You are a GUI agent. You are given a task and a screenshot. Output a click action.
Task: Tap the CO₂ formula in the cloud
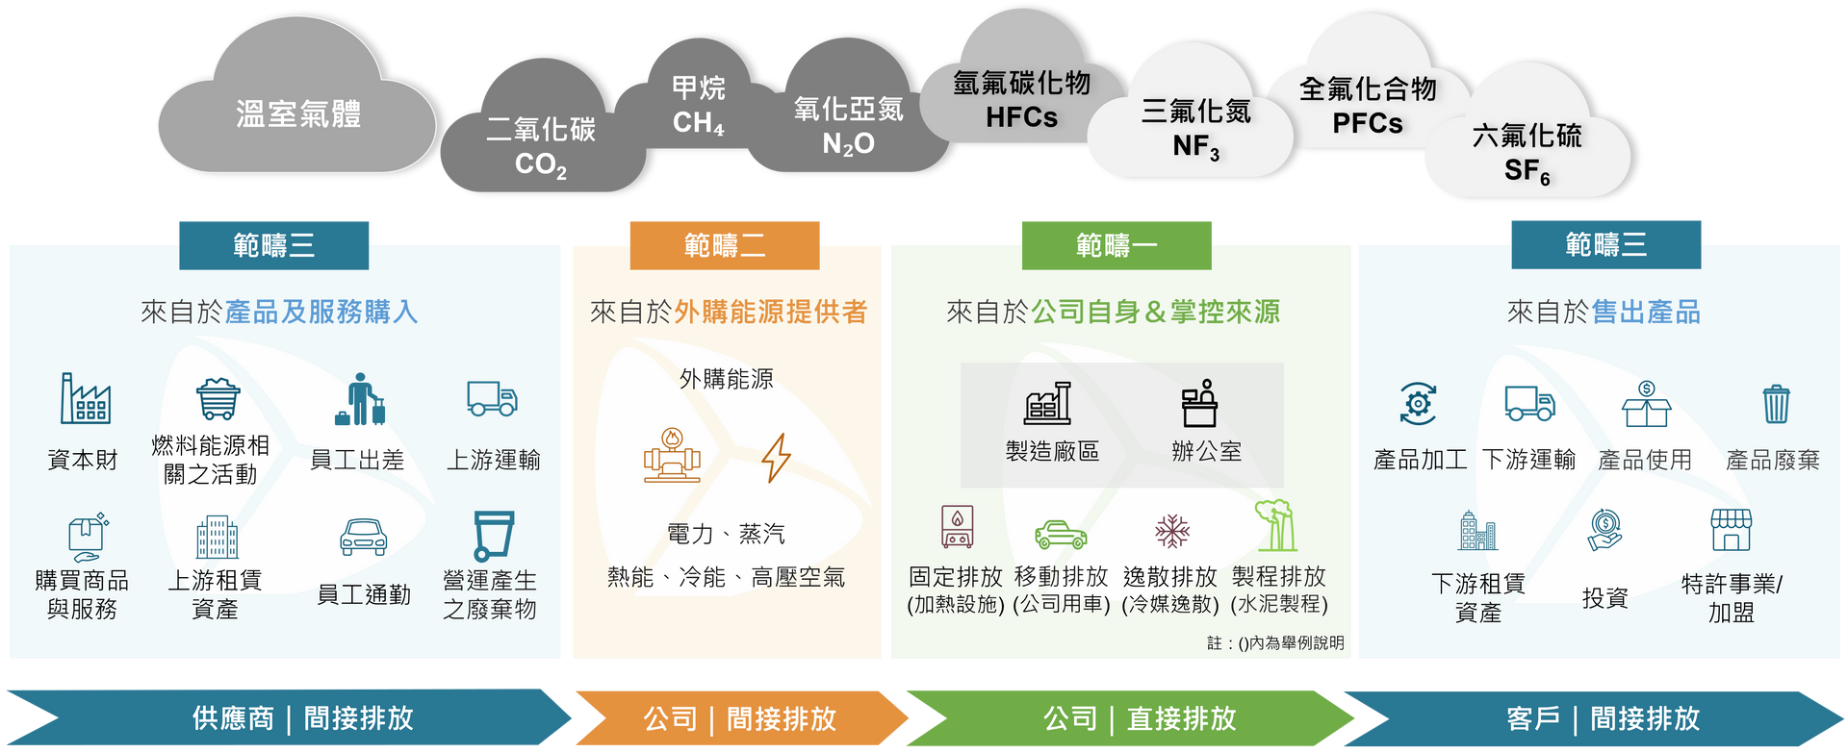click(x=541, y=164)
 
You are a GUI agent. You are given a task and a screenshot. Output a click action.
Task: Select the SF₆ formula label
click(x=1527, y=171)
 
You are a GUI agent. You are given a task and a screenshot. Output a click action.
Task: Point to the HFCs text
click(x=1021, y=117)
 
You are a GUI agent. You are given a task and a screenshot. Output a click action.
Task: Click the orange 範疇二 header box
click(x=725, y=245)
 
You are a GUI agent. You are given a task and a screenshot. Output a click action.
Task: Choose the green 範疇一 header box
click(x=1116, y=245)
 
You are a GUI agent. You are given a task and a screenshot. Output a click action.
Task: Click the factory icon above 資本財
click(x=85, y=398)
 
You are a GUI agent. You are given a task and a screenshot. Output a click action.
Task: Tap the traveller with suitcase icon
click(x=360, y=399)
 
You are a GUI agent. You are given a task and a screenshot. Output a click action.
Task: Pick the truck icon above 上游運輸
click(x=492, y=398)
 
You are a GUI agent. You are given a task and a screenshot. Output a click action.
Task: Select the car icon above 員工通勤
click(x=364, y=538)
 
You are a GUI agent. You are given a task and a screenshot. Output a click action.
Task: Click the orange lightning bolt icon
click(x=776, y=457)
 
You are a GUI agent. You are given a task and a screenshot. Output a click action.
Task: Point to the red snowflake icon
click(x=1171, y=530)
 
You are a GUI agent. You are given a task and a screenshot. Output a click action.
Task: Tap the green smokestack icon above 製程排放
click(x=1275, y=525)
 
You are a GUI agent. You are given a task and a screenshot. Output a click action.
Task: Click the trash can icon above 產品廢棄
click(x=1776, y=404)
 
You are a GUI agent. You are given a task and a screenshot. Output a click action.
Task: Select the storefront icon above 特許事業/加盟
click(x=1731, y=530)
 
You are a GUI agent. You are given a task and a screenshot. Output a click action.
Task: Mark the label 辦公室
click(x=1206, y=451)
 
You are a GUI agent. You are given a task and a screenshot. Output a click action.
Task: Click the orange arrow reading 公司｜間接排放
click(x=741, y=718)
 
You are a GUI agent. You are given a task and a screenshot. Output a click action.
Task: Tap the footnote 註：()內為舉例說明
click(x=1275, y=642)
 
